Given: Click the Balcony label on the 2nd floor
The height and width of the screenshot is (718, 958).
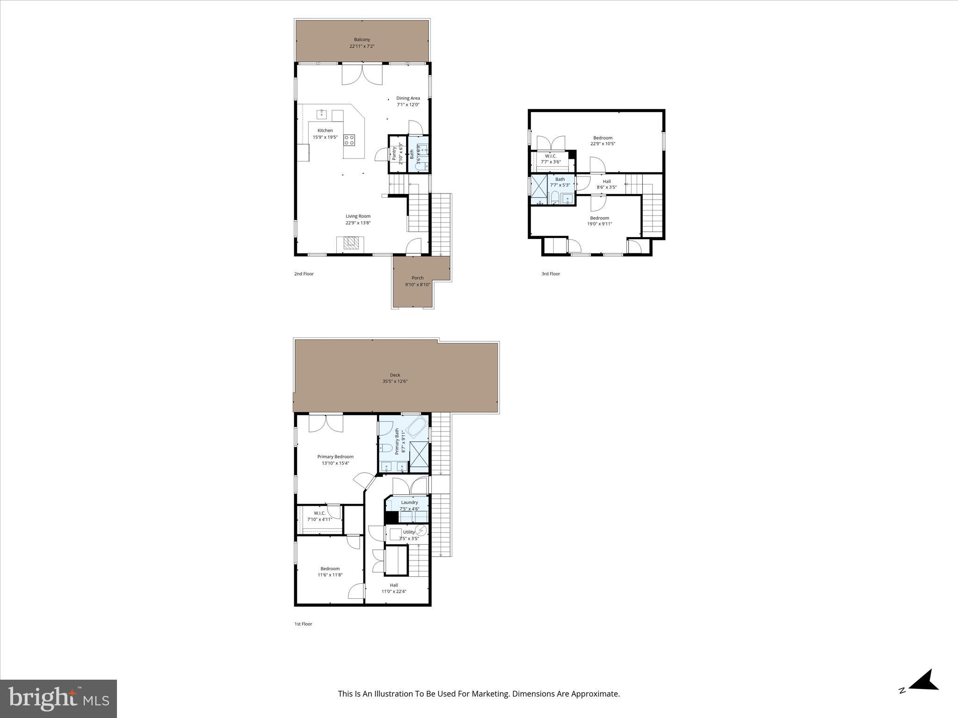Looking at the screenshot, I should [362, 40].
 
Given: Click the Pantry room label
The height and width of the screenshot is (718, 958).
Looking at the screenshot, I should [394, 153].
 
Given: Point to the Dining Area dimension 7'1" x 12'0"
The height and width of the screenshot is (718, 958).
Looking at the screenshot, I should [408, 105].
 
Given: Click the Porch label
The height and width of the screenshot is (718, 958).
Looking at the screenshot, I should [417, 278].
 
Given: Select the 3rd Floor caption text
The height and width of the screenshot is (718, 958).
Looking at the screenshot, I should [551, 274].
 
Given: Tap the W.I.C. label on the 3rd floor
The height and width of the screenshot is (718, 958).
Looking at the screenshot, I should [551, 156].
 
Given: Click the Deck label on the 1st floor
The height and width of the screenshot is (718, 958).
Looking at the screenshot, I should [395, 375].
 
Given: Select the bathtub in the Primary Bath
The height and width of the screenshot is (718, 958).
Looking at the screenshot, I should [416, 427].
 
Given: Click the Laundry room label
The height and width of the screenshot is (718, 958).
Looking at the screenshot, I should [409, 503].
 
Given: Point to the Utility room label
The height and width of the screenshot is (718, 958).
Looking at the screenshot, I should [408, 532].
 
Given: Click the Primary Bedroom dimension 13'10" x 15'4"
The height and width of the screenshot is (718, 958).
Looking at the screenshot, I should [335, 463].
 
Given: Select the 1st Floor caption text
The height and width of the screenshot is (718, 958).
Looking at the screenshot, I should [303, 624].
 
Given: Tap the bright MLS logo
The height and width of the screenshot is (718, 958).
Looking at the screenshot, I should [58, 698].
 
